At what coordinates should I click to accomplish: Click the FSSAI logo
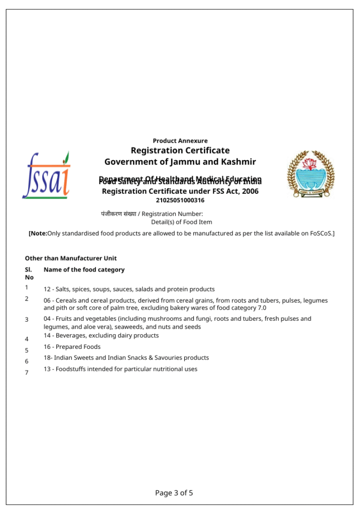pyautogui.click(x=46, y=176)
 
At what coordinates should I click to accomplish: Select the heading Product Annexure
pyautogui.click(x=180, y=141)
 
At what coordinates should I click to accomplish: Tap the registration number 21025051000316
pyautogui.click(x=180, y=200)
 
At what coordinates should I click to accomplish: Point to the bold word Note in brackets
pyautogui.click(x=39, y=233)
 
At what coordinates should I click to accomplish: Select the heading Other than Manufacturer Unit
pyautogui.click(x=71, y=259)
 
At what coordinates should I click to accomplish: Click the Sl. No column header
pyautogui.click(x=29, y=273)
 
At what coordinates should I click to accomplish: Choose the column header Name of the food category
pyautogui.click(x=84, y=270)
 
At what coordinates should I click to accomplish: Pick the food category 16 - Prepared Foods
pyautogui.click(x=72, y=347)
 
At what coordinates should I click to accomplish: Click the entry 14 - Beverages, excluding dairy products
pyautogui.click(x=101, y=335)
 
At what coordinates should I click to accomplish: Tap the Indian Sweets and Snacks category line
pyautogui.click(x=126, y=358)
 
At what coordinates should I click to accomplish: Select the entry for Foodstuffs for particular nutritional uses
pyautogui.click(x=120, y=369)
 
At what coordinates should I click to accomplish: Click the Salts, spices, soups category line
pyautogui.click(x=129, y=289)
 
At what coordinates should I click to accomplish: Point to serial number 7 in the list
pyautogui.click(x=27, y=372)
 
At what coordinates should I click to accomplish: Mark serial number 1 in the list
pyautogui.click(x=27, y=288)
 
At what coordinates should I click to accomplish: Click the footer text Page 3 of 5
pyautogui.click(x=174, y=493)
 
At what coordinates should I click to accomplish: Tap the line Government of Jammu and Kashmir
pyautogui.click(x=180, y=162)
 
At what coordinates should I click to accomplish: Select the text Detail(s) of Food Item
pyautogui.click(x=181, y=222)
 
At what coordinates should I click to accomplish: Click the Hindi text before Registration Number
pyautogui.click(x=118, y=214)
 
